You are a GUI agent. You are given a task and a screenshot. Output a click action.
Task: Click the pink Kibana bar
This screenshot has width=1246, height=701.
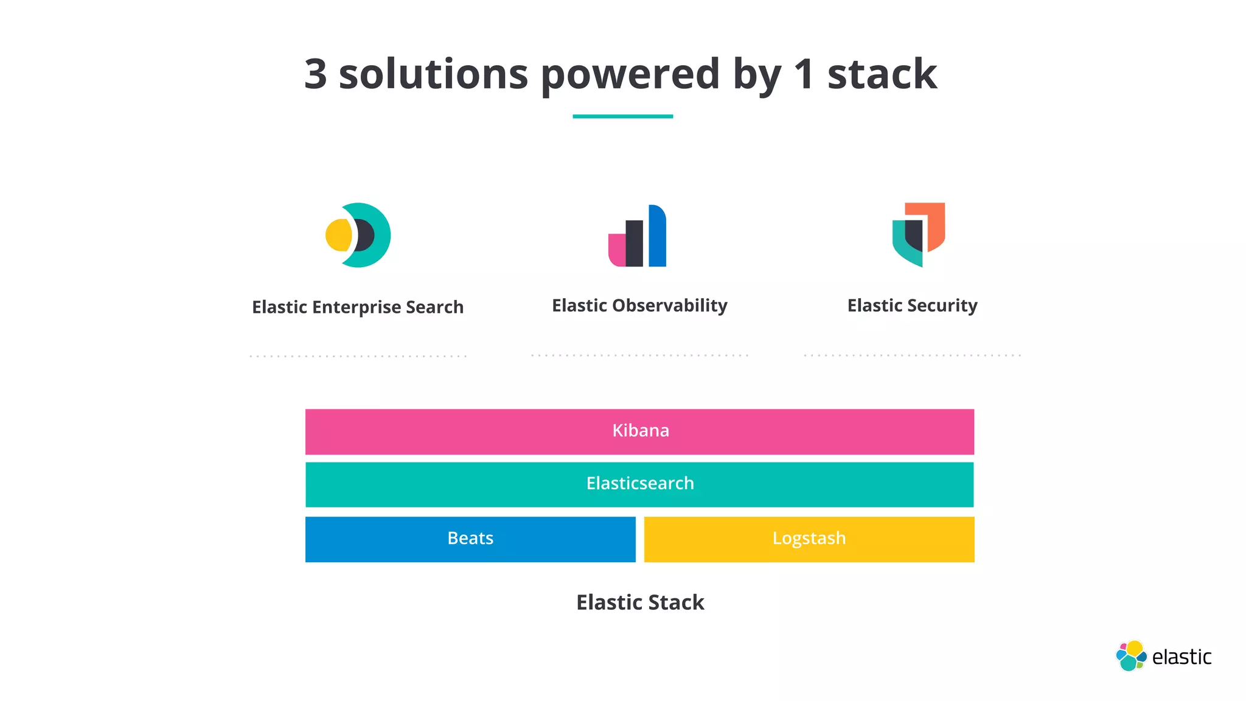click(639, 431)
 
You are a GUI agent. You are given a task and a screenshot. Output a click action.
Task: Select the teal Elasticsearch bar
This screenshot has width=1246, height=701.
click(639, 484)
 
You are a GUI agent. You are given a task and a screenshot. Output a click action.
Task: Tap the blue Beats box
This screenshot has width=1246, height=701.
click(470, 539)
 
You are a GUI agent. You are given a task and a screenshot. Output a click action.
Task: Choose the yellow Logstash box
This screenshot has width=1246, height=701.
click(809, 539)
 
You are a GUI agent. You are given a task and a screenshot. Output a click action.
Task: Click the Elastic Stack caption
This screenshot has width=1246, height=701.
click(639, 602)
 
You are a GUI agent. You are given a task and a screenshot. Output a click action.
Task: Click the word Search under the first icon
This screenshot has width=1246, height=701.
click(434, 307)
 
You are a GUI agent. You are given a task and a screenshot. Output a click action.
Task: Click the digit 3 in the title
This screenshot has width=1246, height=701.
click(315, 74)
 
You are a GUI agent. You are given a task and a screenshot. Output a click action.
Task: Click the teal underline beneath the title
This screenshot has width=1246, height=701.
click(622, 116)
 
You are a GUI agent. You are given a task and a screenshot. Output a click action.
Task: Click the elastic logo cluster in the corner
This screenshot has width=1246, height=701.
click(1130, 656)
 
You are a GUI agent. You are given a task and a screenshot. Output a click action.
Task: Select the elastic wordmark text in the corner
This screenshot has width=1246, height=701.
click(1182, 657)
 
